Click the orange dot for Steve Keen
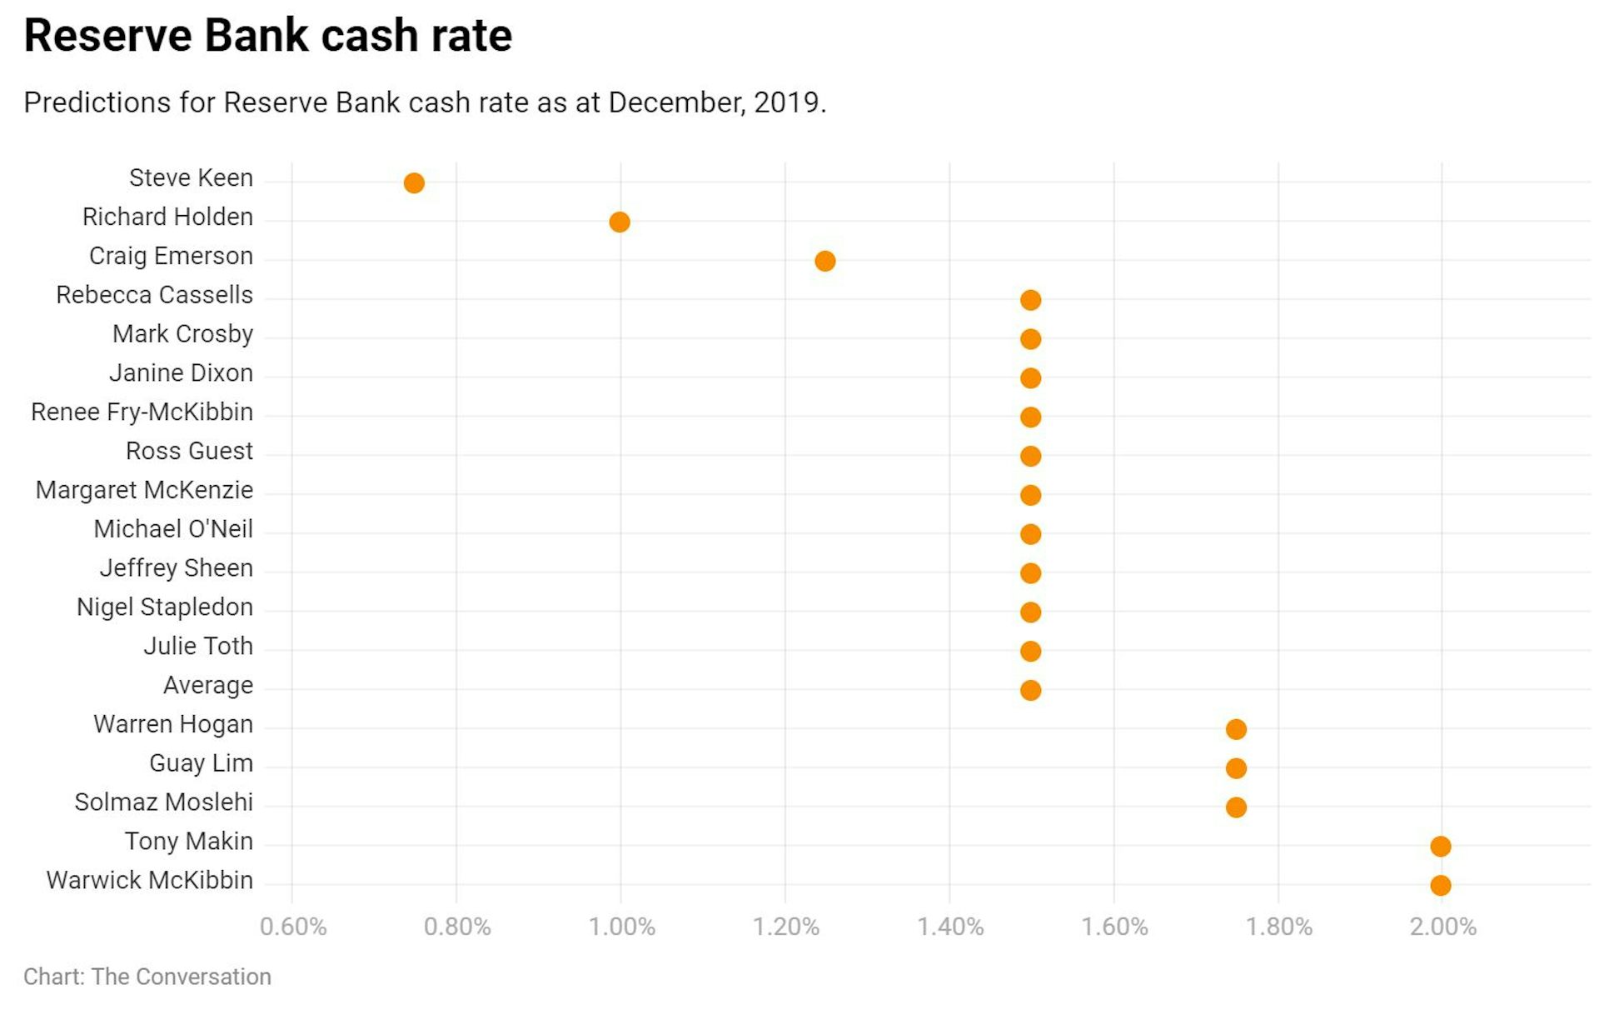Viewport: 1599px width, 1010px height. [x=414, y=182]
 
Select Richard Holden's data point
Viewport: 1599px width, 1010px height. [x=620, y=222]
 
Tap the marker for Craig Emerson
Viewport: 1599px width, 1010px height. [x=825, y=261]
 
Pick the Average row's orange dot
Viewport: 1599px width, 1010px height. [x=1030, y=690]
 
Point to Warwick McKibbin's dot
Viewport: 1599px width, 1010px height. [x=1441, y=885]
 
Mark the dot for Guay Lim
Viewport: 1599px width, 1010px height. [x=1236, y=767]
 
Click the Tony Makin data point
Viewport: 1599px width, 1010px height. [x=1441, y=846]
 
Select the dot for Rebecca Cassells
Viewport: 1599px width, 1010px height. [x=1030, y=300]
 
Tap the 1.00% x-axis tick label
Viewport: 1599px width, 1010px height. [x=621, y=927]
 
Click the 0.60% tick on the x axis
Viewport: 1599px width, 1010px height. [x=293, y=927]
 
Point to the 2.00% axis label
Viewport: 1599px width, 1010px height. [x=1442, y=927]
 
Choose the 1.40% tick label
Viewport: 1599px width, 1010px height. [x=950, y=927]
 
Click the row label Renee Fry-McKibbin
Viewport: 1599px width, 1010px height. [x=142, y=412]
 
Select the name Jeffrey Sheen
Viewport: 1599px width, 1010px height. [x=176, y=568]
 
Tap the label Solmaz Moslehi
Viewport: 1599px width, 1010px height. [x=163, y=802]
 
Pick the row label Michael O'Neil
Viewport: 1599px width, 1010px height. [x=173, y=529]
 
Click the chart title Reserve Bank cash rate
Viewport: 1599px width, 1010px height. [x=267, y=36]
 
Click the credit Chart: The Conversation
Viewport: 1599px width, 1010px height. [x=147, y=977]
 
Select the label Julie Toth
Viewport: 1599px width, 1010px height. [x=198, y=647]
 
